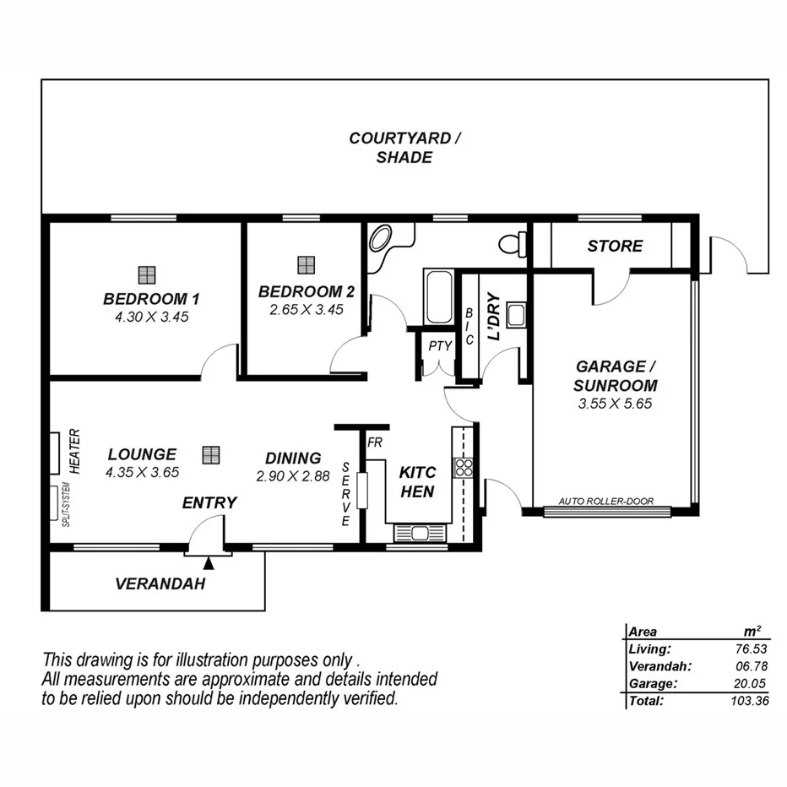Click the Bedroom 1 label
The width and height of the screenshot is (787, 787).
point(151,299)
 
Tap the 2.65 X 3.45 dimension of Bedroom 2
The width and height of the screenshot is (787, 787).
point(306,310)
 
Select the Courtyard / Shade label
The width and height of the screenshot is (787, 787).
point(405,148)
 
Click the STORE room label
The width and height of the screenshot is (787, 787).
point(615,247)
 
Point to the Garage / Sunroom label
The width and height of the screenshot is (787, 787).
point(616,376)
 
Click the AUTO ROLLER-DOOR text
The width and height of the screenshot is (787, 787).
point(606,501)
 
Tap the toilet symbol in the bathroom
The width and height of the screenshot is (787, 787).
point(513,245)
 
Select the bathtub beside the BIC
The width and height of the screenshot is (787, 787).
point(438,297)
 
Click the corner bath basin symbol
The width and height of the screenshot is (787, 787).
point(384,236)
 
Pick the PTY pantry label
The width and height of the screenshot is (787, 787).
point(439,345)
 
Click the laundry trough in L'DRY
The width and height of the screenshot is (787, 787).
point(517,315)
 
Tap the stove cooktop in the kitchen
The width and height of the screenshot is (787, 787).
point(463,466)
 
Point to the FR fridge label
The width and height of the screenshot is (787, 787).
point(374,442)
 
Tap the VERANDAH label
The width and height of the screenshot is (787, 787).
point(160,583)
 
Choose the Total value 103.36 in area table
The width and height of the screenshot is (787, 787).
point(751,701)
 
